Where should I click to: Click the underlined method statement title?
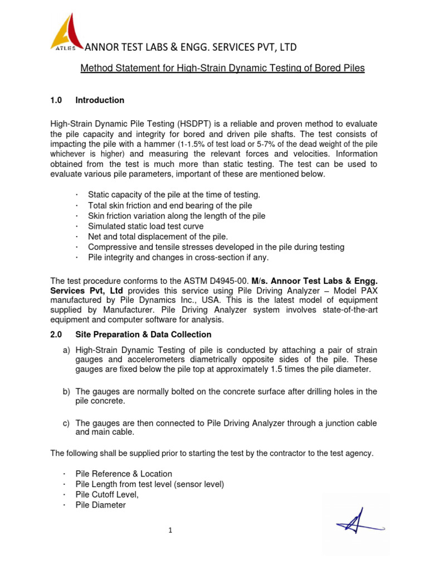[x=222, y=68]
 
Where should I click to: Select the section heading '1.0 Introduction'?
[x=87, y=100]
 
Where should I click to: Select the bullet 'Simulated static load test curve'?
[x=145, y=226]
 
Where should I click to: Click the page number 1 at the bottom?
[x=171, y=530]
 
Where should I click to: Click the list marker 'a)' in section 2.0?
[x=66, y=350]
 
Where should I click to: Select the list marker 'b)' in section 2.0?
[x=66, y=392]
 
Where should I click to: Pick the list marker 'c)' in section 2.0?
[x=66, y=424]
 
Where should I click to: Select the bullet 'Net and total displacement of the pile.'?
[x=158, y=237]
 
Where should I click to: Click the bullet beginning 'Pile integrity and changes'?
[x=178, y=257]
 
